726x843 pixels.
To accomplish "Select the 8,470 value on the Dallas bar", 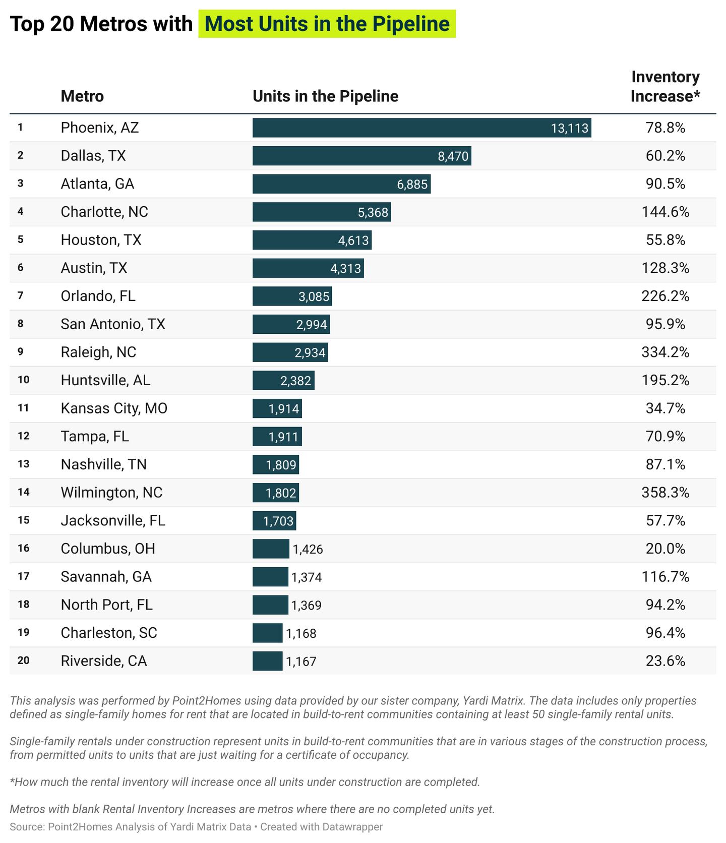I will (x=453, y=156).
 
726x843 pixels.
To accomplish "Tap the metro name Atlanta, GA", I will (x=97, y=184).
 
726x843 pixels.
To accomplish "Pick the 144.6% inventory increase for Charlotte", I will (x=665, y=212).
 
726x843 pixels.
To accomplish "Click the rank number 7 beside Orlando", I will (x=20, y=295).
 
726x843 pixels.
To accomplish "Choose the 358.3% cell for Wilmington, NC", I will (x=665, y=493).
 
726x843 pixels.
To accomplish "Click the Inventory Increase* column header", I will (x=665, y=86).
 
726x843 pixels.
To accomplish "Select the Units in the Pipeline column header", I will (x=325, y=96).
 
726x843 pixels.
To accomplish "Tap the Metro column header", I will (x=82, y=96).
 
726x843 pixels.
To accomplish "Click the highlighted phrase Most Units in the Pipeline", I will (x=327, y=24).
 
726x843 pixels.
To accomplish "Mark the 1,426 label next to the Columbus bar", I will (x=308, y=549).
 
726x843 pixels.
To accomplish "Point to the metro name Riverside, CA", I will (x=103, y=661).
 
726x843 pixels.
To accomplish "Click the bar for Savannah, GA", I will (x=270, y=577).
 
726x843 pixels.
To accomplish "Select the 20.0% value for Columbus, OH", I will (x=665, y=549).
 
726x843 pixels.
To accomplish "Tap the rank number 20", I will (x=23, y=660).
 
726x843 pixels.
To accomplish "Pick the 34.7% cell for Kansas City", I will (x=665, y=408).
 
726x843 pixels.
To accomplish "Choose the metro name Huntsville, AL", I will (x=105, y=380).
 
